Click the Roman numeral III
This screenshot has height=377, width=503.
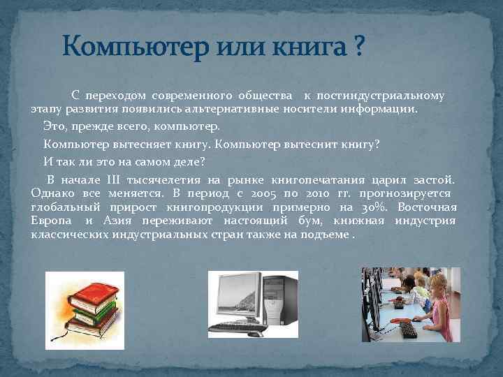(x=115, y=179)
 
